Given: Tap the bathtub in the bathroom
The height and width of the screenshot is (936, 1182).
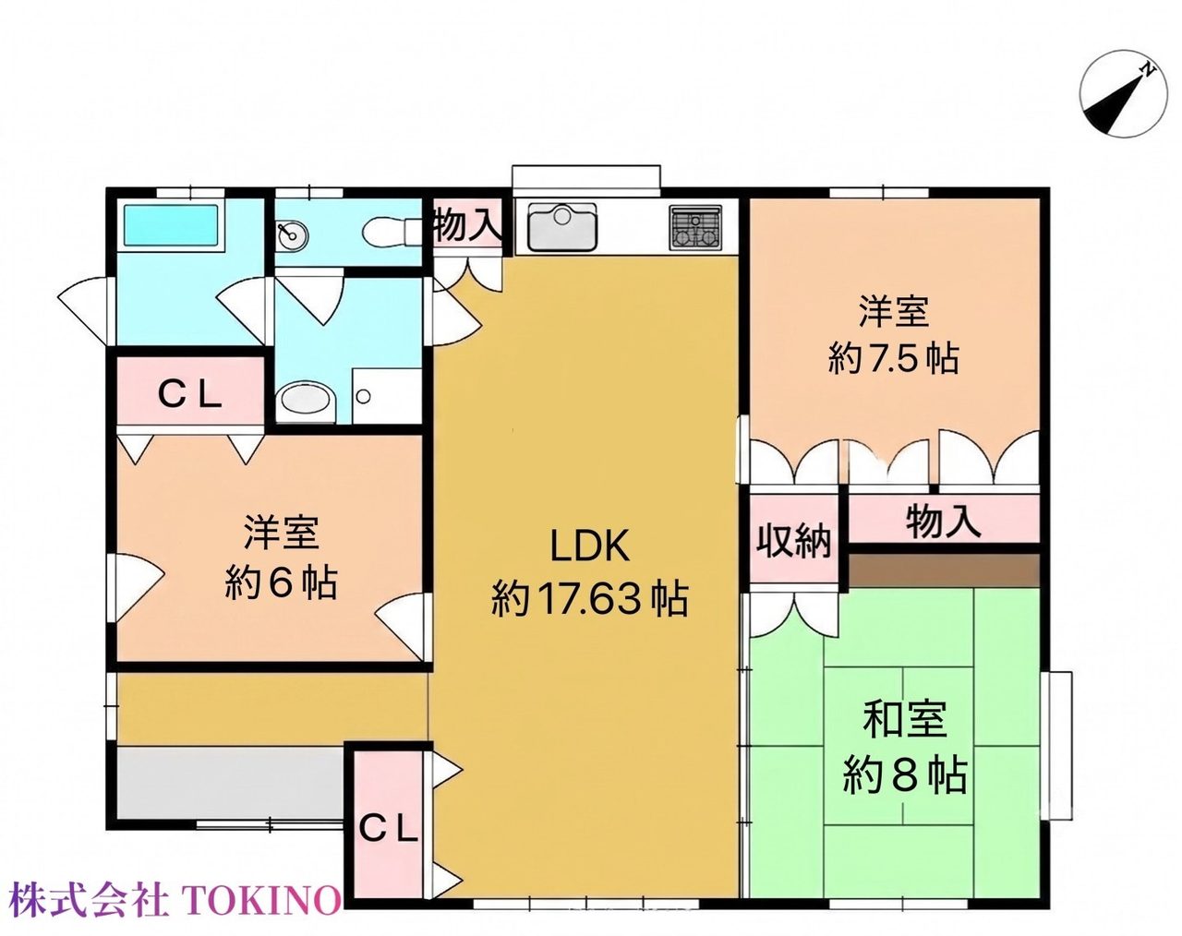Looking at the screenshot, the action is pyautogui.click(x=171, y=225).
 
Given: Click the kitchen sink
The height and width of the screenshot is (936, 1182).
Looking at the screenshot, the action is pyautogui.click(x=561, y=226).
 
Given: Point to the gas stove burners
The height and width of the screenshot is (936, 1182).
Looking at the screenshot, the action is pyautogui.click(x=694, y=226).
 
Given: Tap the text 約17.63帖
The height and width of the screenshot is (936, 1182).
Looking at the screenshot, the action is pyautogui.click(x=589, y=599).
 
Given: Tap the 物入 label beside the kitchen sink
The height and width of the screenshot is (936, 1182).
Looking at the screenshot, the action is pyautogui.click(x=467, y=225).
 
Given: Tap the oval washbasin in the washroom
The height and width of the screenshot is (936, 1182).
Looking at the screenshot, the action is pyautogui.click(x=305, y=402).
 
